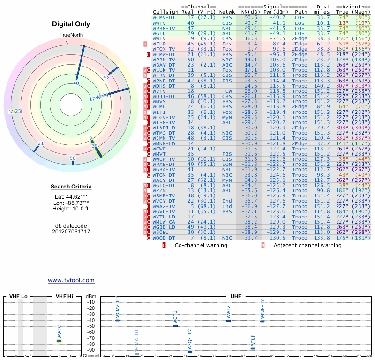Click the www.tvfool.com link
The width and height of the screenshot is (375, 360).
pos(71,280)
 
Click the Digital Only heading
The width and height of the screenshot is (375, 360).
pos(71,24)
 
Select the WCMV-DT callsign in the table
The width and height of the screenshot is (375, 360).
pos(164,17)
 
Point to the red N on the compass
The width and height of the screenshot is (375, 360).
pos(67,43)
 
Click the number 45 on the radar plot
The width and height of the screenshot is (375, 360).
pos(106,76)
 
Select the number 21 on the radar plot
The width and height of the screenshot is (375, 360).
pos(41,143)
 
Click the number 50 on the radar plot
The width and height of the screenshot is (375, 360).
pos(73,158)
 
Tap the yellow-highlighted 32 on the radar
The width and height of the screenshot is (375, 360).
pos(95,146)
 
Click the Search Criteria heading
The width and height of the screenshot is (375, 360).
pos(71,187)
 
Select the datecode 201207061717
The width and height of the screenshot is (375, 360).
pos(71,232)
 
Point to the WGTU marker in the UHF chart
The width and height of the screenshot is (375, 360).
pos(176,325)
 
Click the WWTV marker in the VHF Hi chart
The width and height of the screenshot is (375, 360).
pos(60,341)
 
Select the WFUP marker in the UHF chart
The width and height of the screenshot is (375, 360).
pos(253,348)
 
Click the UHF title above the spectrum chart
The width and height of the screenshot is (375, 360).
pos(236,297)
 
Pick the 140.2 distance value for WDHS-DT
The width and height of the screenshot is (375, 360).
pos(322,86)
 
